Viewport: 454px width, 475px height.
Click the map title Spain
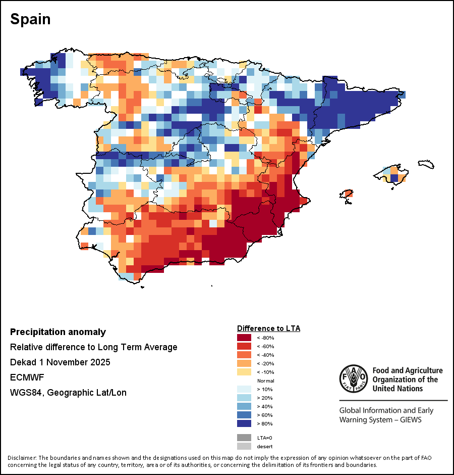(30, 19)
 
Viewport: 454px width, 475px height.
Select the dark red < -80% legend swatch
(245, 338)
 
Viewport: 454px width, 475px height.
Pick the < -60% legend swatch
(245, 346)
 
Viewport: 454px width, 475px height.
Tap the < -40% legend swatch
(245, 355)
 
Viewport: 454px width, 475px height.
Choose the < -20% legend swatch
(245, 363)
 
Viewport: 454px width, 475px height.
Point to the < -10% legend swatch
(245, 372)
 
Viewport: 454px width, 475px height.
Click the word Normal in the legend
(265, 381)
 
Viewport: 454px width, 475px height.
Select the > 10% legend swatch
(245, 389)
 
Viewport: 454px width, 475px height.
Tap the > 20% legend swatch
(245, 398)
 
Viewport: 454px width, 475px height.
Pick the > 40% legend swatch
(245, 406)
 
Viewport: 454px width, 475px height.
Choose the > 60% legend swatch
(245, 415)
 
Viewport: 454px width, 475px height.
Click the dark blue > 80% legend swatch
(245, 423)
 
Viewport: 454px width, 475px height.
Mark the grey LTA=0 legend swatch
(245, 438)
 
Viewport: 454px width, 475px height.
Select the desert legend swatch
(245, 446)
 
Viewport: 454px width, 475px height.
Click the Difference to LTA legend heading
(268, 328)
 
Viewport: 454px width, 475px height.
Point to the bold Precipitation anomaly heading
(58, 332)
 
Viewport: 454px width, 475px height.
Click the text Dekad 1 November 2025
(60, 362)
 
